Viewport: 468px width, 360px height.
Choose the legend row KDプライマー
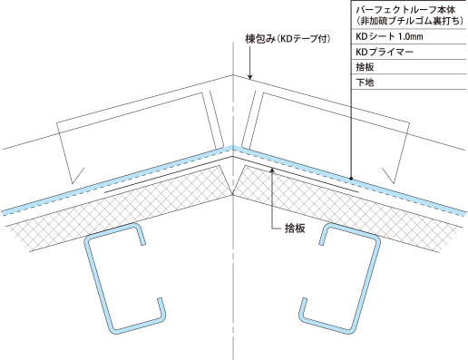[386, 52]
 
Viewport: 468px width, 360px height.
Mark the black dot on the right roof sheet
[350, 180]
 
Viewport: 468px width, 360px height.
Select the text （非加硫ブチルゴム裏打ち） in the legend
[403, 21]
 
